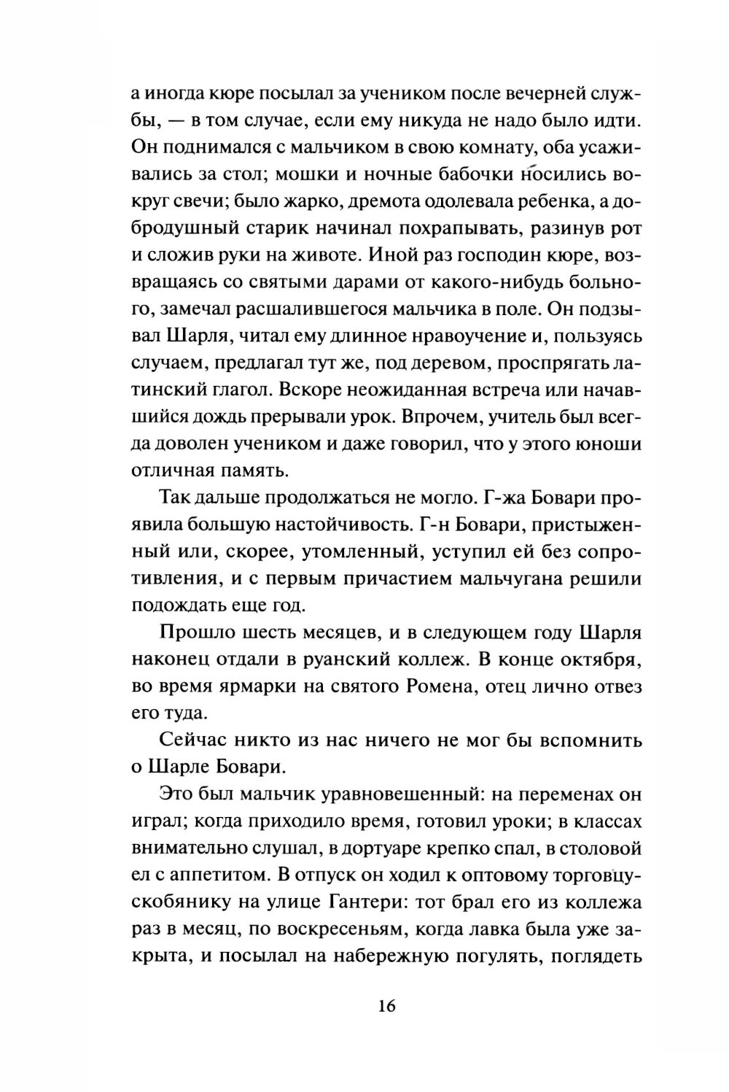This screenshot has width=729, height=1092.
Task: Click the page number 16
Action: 386,1007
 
